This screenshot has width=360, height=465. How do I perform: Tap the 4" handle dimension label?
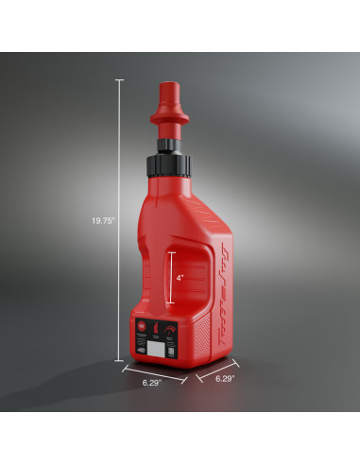click(179, 278)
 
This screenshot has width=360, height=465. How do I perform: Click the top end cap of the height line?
click(119, 79)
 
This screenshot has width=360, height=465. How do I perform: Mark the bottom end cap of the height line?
click(119, 359)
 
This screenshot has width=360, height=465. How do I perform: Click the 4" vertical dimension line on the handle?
click(170, 278)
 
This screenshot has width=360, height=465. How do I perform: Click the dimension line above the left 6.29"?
click(151, 371)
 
